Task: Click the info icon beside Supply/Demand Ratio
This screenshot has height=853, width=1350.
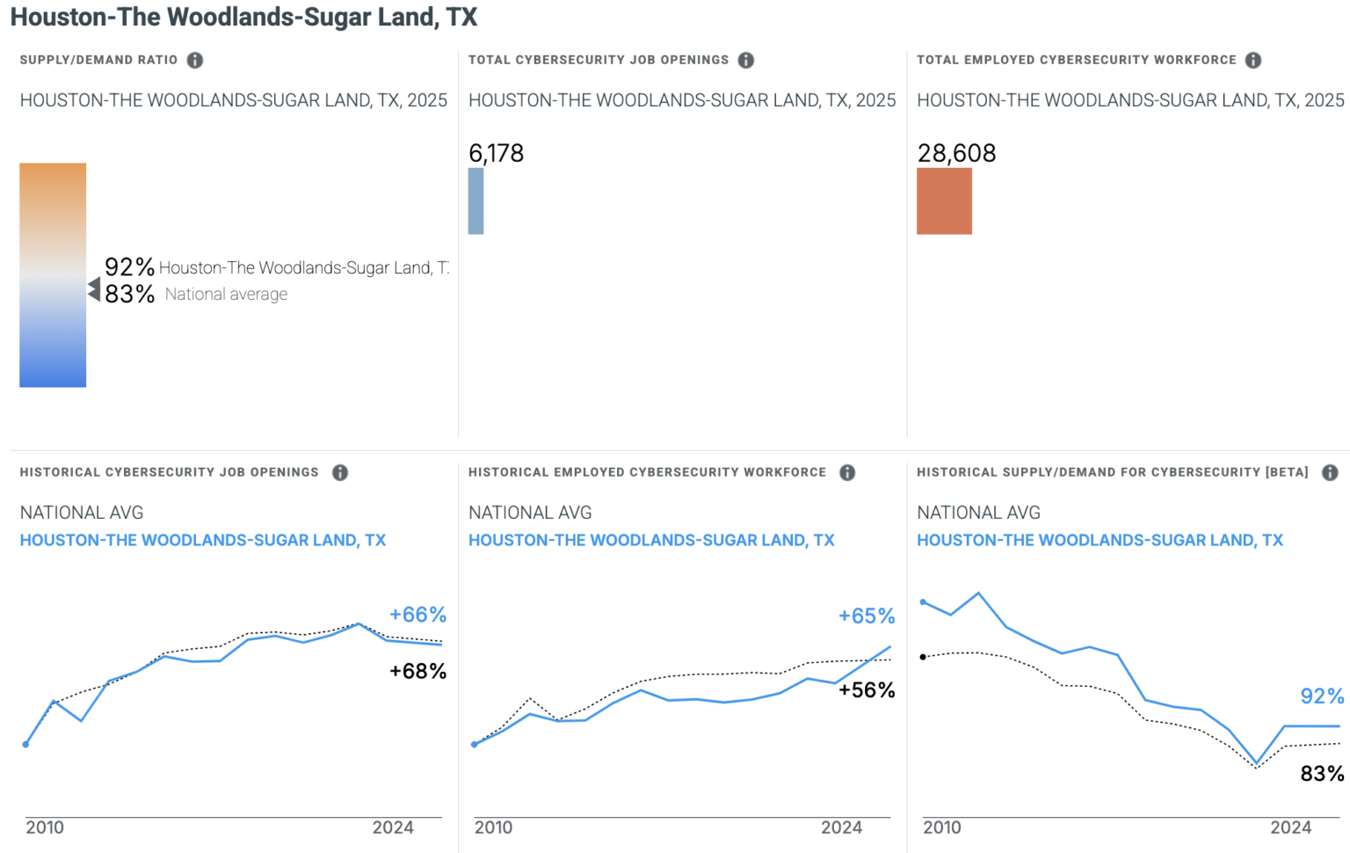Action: (195, 60)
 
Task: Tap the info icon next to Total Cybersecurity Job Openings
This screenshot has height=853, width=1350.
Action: (746, 60)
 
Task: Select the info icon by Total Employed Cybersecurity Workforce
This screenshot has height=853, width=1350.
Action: (1253, 60)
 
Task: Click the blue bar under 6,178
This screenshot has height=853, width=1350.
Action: (476, 201)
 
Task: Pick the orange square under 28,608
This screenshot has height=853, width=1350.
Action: (944, 201)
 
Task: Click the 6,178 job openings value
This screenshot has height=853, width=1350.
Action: (496, 153)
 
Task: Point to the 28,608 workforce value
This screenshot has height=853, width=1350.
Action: (956, 153)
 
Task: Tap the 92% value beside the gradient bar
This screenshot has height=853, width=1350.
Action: (129, 266)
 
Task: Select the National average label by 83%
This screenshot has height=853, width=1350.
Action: (226, 294)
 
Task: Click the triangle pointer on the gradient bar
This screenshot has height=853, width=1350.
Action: (94, 288)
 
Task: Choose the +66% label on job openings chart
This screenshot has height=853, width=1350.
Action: (417, 615)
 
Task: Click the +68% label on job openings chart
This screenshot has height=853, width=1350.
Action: (417, 671)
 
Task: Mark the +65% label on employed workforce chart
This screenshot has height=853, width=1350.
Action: (866, 616)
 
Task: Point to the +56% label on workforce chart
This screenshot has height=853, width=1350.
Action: (866, 690)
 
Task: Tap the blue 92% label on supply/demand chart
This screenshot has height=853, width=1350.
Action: (1322, 696)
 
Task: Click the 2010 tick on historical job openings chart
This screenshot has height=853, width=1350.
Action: (45, 827)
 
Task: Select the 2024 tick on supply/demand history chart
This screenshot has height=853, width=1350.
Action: (1290, 827)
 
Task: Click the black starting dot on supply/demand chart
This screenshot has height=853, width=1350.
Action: (923, 657)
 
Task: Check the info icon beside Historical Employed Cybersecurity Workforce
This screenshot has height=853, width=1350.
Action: (847, 472)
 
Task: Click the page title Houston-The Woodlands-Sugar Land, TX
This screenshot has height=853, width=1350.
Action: (243, 17)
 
